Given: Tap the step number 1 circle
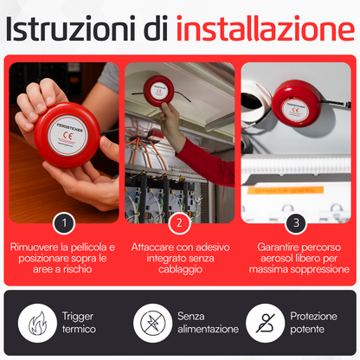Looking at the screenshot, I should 63,223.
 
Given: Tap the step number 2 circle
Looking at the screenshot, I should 179,223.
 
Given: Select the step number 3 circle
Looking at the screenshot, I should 296,223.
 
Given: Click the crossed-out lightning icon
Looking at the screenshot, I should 151,323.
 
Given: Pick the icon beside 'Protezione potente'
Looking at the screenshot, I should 264,323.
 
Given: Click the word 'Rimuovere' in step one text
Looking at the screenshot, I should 35,247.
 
